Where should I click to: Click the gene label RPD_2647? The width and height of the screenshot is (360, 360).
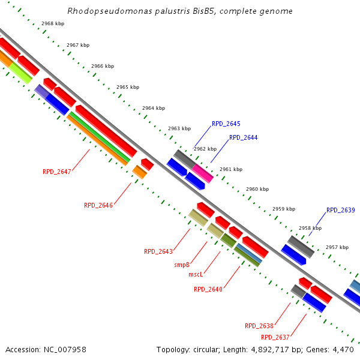point(57,172)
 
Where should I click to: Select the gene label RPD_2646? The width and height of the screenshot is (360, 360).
point(98,205)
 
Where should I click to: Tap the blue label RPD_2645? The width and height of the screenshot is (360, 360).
point(226,124)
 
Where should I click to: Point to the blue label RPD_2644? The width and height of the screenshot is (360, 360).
point(244,137)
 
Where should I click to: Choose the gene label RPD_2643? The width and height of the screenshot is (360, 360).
point(158,251)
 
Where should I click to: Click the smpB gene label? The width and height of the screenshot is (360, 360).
point(182,265)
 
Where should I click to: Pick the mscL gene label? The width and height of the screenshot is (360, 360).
point(196,274)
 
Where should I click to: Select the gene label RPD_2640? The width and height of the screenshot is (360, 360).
point(208,289)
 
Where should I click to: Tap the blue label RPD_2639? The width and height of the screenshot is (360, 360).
point(341,210)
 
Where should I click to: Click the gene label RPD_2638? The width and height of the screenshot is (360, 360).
point(259,326)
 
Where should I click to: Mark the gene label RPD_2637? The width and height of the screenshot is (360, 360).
point(275,337)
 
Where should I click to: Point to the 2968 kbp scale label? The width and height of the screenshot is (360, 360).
point(53,23)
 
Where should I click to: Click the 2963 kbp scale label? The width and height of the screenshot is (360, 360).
point(179,128)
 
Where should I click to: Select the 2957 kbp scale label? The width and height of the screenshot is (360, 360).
point(337,247)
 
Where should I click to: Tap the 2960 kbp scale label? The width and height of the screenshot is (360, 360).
point(257,189)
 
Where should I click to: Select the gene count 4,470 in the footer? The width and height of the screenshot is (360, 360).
point(344,349)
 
